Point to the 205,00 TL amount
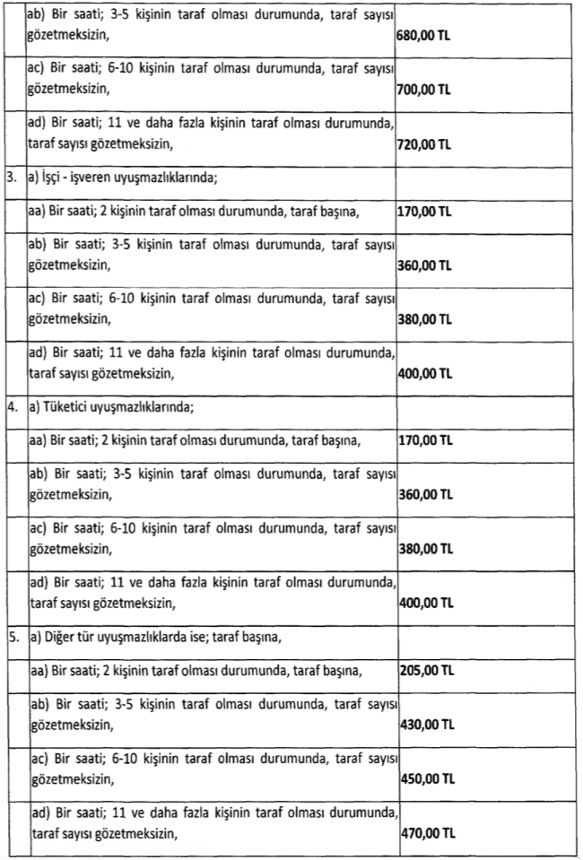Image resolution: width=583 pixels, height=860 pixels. [424, 670]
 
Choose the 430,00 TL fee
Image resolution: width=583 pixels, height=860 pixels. [424, 724]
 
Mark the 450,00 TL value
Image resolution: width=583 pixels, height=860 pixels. [424, 777]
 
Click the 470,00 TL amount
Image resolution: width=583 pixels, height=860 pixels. [424, 832]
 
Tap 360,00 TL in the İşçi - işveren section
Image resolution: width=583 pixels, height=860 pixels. [424, 265]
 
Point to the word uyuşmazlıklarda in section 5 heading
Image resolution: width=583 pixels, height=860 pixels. [151, 639]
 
